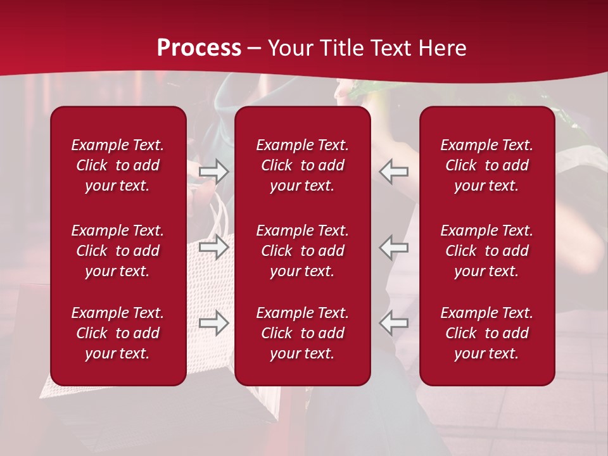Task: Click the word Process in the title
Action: [199, 48]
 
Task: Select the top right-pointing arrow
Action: [214, 171]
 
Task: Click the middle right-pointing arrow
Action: [214, 247]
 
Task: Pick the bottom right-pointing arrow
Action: [214, 323]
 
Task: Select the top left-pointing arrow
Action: [394, 171]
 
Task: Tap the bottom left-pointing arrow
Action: [394, 323]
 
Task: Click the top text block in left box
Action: [118, 165]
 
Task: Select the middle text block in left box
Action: [118, 251]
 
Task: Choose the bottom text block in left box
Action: [118, 333]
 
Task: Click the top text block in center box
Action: [303, 165]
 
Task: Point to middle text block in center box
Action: [303, 251]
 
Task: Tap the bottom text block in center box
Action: [303, 333]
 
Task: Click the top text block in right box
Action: [487, 165]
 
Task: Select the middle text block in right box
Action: [487, 251]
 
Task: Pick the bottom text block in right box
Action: [487, 333]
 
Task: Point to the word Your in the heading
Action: [290, 48]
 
